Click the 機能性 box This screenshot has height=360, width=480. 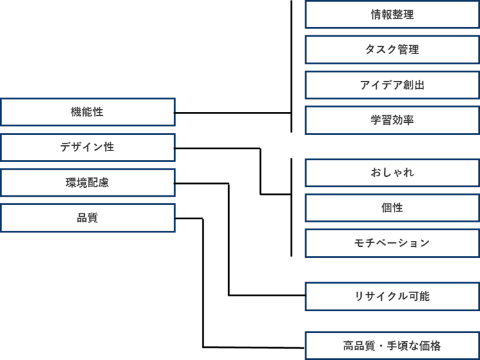pos(87,112)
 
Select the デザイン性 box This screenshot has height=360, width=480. pos(87,147)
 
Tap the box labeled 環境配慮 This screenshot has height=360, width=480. pos(87,183)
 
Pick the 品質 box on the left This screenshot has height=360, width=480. pos(87,218)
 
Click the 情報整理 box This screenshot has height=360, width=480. pos(392,15)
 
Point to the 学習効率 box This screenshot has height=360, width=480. pos(392,120)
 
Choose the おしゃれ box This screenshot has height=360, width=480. pos(392,173)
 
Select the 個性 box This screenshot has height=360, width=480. pos(392,208)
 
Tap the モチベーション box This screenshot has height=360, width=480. pos(392,243)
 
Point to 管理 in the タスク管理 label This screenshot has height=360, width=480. pos(409,50)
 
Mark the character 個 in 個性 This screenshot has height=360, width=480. pos(386,208)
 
